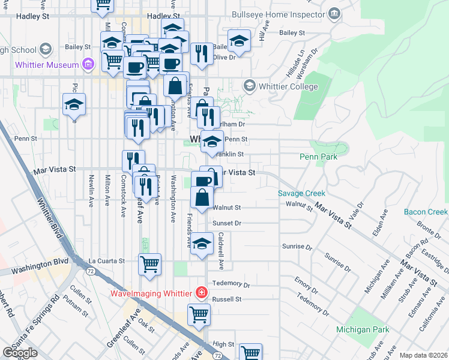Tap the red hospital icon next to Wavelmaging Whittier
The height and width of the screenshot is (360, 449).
click(202, 293)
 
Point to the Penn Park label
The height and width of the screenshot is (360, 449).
click(318, 157)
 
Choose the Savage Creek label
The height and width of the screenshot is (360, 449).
click(301, 193)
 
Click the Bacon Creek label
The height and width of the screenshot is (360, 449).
click(426, 212)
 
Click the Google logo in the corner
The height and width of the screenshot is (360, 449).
click(20, 353)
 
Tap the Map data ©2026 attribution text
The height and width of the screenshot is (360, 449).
click(424, 355)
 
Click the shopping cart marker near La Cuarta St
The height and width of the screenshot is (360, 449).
click(149, 263)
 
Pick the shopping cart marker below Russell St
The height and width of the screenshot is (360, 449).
click(199, 313)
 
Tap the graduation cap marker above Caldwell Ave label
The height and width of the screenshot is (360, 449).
click(202, 244)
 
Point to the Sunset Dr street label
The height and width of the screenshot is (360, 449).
click(227, 223)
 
